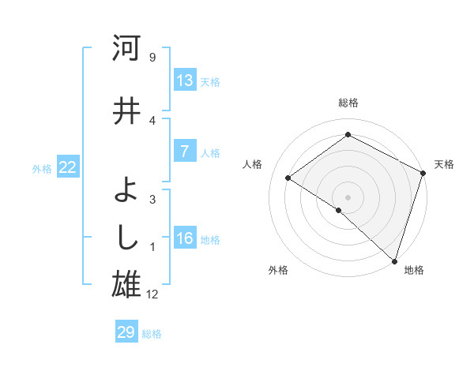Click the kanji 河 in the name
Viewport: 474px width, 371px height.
(126, 49)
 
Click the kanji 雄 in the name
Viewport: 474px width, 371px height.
(126, 285)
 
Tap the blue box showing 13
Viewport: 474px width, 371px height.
(185, 81)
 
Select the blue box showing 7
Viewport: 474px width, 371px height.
(185, 152)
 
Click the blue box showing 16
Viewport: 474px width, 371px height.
(185, 238)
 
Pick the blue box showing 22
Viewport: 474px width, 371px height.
(68, 167)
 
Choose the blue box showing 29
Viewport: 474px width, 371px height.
(126, 332)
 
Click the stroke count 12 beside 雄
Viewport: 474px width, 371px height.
(153, 294)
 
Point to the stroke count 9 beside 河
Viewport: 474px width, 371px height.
(152, 58)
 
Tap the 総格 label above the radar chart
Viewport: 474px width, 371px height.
(348, 103)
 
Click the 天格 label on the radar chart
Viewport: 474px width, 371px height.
(444, 164)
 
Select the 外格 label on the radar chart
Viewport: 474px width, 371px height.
(278, 270)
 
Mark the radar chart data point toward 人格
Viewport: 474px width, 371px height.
(288, 178)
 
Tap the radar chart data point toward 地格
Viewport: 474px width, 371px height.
(394, 260)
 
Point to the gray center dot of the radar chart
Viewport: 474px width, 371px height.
(348, 197)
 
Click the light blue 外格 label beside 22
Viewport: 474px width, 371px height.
(42, 168)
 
